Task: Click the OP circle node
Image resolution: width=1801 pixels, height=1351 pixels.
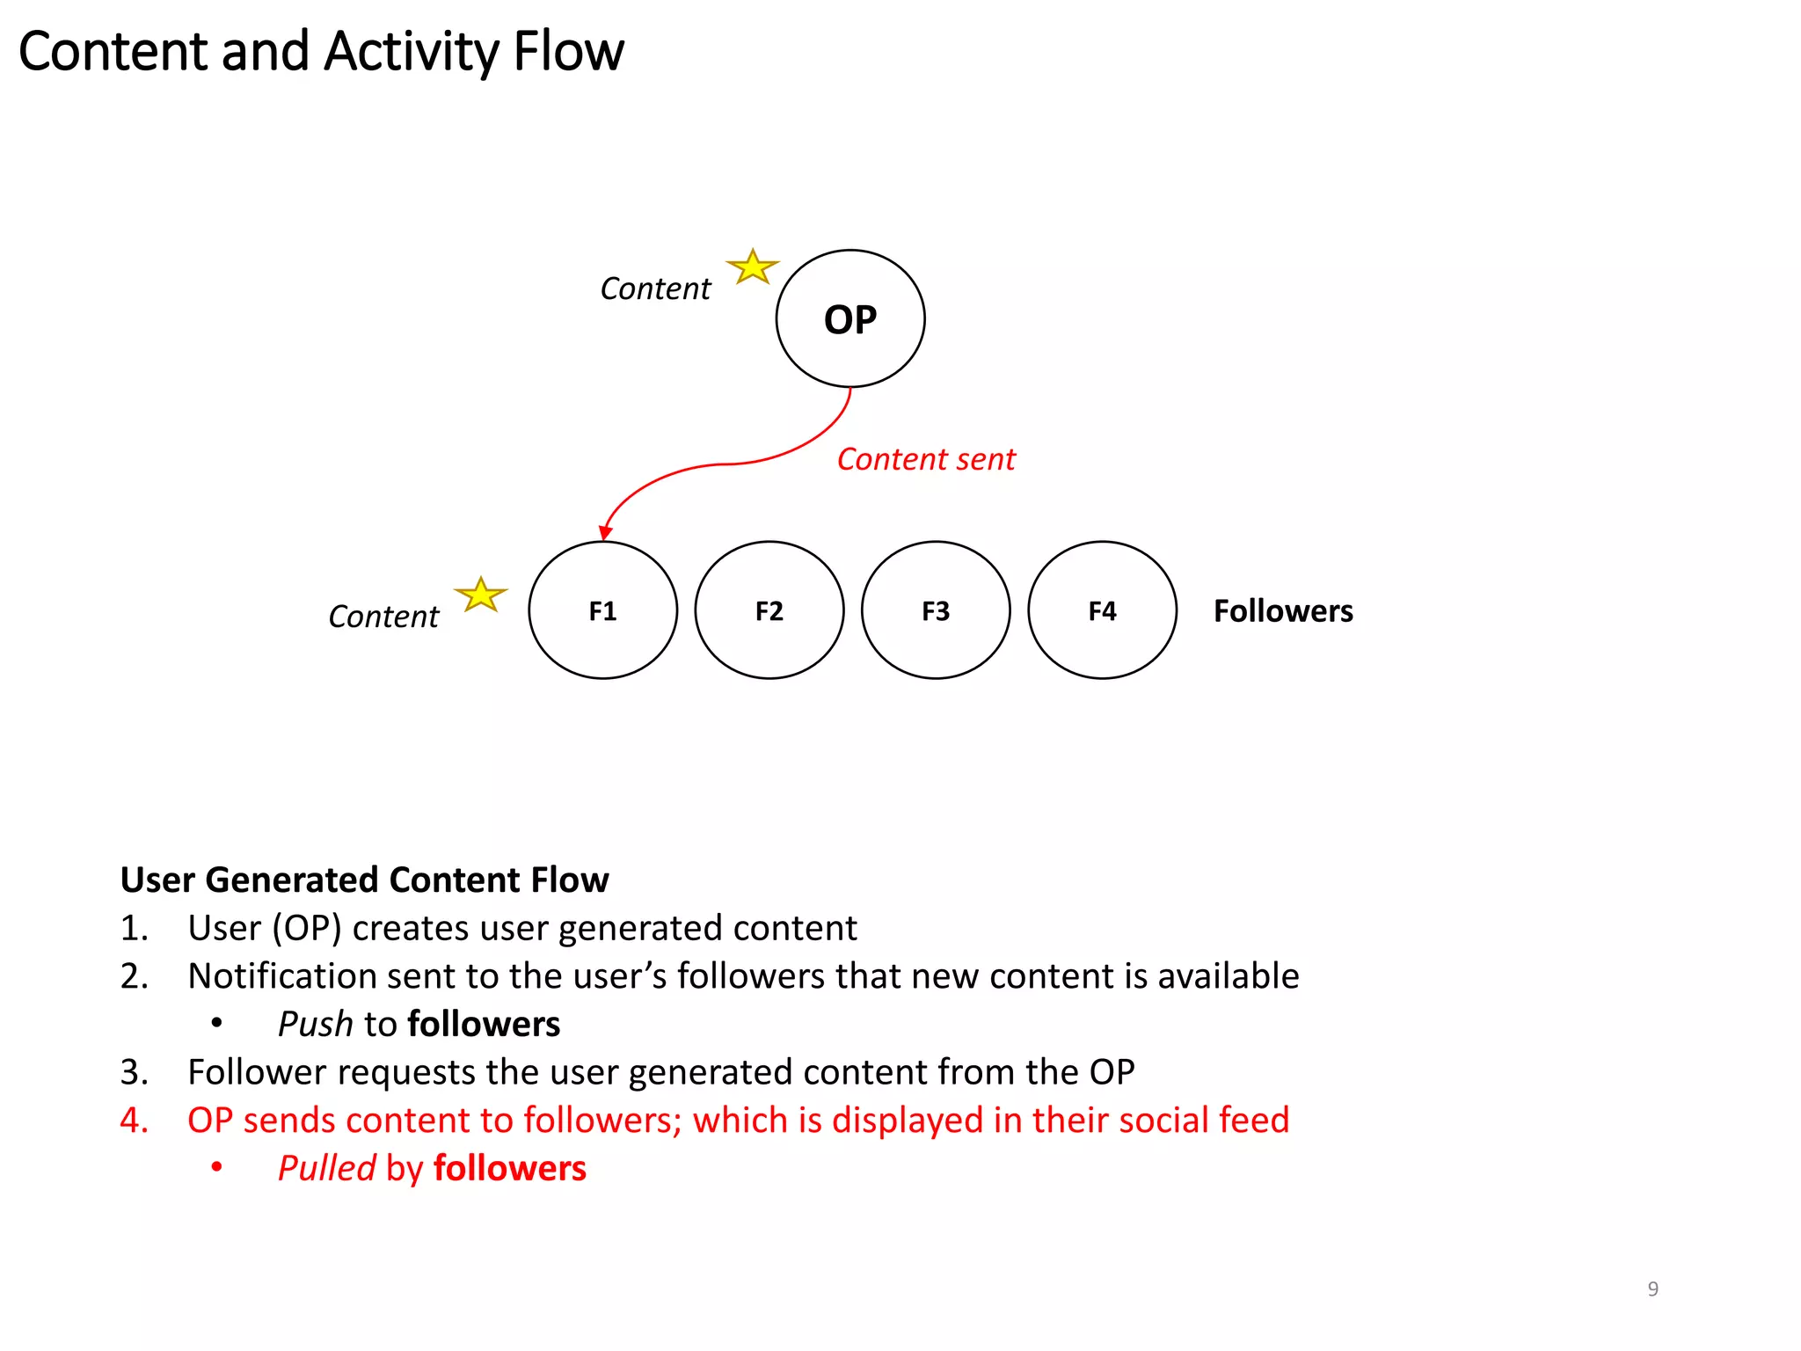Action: (x=849, y=318)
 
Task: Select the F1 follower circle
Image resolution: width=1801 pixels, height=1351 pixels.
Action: (x=602, y=610)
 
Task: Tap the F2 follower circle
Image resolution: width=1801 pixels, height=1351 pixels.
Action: (x=769, y=610)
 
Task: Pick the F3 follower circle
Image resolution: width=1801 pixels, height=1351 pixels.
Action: (x=936, y=610)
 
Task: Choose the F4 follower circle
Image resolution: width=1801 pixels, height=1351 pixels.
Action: (x=1102, y=610)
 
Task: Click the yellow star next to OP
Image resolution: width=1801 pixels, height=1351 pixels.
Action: (x=753, y=267)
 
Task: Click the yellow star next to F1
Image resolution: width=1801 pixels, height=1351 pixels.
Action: (x=481, y=595)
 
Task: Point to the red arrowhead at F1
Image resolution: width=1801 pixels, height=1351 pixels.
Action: (x=605, y=533)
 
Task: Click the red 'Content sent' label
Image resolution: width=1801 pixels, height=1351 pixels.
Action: (x=925, y=459)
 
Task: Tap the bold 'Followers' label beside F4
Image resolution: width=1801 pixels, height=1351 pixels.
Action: (x=1282, y=610)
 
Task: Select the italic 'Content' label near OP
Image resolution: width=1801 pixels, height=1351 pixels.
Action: (x=655, y=288)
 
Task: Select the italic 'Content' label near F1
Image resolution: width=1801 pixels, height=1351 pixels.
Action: (x=383, y=617)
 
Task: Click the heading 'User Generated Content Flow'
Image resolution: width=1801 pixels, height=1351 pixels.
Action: (x=364, y=880)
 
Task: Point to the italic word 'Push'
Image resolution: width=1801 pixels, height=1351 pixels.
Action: (x=315, y=1024)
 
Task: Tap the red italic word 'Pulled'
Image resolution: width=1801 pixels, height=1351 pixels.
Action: (x=326, y=1168)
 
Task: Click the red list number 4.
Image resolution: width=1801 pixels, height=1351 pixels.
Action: (x=133, y=1120)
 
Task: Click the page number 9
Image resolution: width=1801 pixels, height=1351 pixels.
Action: (x=1652, y=1289)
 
